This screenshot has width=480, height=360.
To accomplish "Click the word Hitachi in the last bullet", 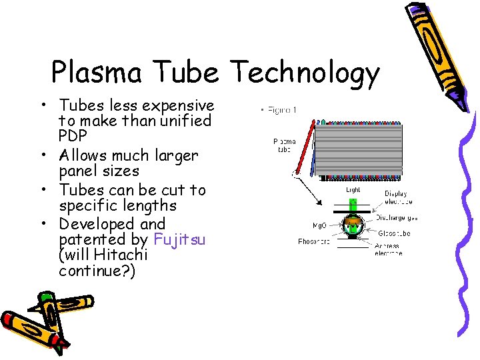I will coord(122,255).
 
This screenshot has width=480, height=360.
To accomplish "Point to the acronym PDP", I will coord(73,136).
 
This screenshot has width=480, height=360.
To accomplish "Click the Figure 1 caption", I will coord(281,110).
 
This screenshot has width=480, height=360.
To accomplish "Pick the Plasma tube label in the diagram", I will coord(285,145).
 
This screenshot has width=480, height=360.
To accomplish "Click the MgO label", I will coord(317,225).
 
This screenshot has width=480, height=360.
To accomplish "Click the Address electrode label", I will coord(388,249).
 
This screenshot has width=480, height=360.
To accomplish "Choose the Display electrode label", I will coord(398,197).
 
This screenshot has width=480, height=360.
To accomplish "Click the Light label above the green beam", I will coord(353,190).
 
